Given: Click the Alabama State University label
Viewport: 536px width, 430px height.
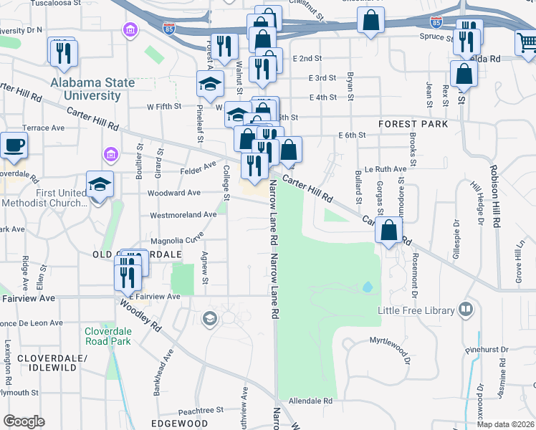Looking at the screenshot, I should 92,89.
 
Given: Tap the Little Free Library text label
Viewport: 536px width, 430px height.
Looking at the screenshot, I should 416,310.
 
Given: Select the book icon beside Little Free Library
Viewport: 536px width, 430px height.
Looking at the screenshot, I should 466,310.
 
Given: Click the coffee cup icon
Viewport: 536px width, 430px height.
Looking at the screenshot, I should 14,145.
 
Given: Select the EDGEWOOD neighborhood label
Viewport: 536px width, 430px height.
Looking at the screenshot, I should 180,424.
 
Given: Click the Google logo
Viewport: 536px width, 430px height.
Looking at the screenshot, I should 24,421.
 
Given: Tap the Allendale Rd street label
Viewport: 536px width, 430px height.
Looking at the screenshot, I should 310,401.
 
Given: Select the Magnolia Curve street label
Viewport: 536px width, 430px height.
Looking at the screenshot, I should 176,241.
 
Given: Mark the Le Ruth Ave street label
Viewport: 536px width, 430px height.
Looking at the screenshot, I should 385,170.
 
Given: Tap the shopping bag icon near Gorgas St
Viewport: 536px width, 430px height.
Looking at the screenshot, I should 388,231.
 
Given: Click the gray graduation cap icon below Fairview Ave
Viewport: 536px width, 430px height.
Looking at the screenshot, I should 210,318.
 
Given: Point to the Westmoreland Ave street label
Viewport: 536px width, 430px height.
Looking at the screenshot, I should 183,214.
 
